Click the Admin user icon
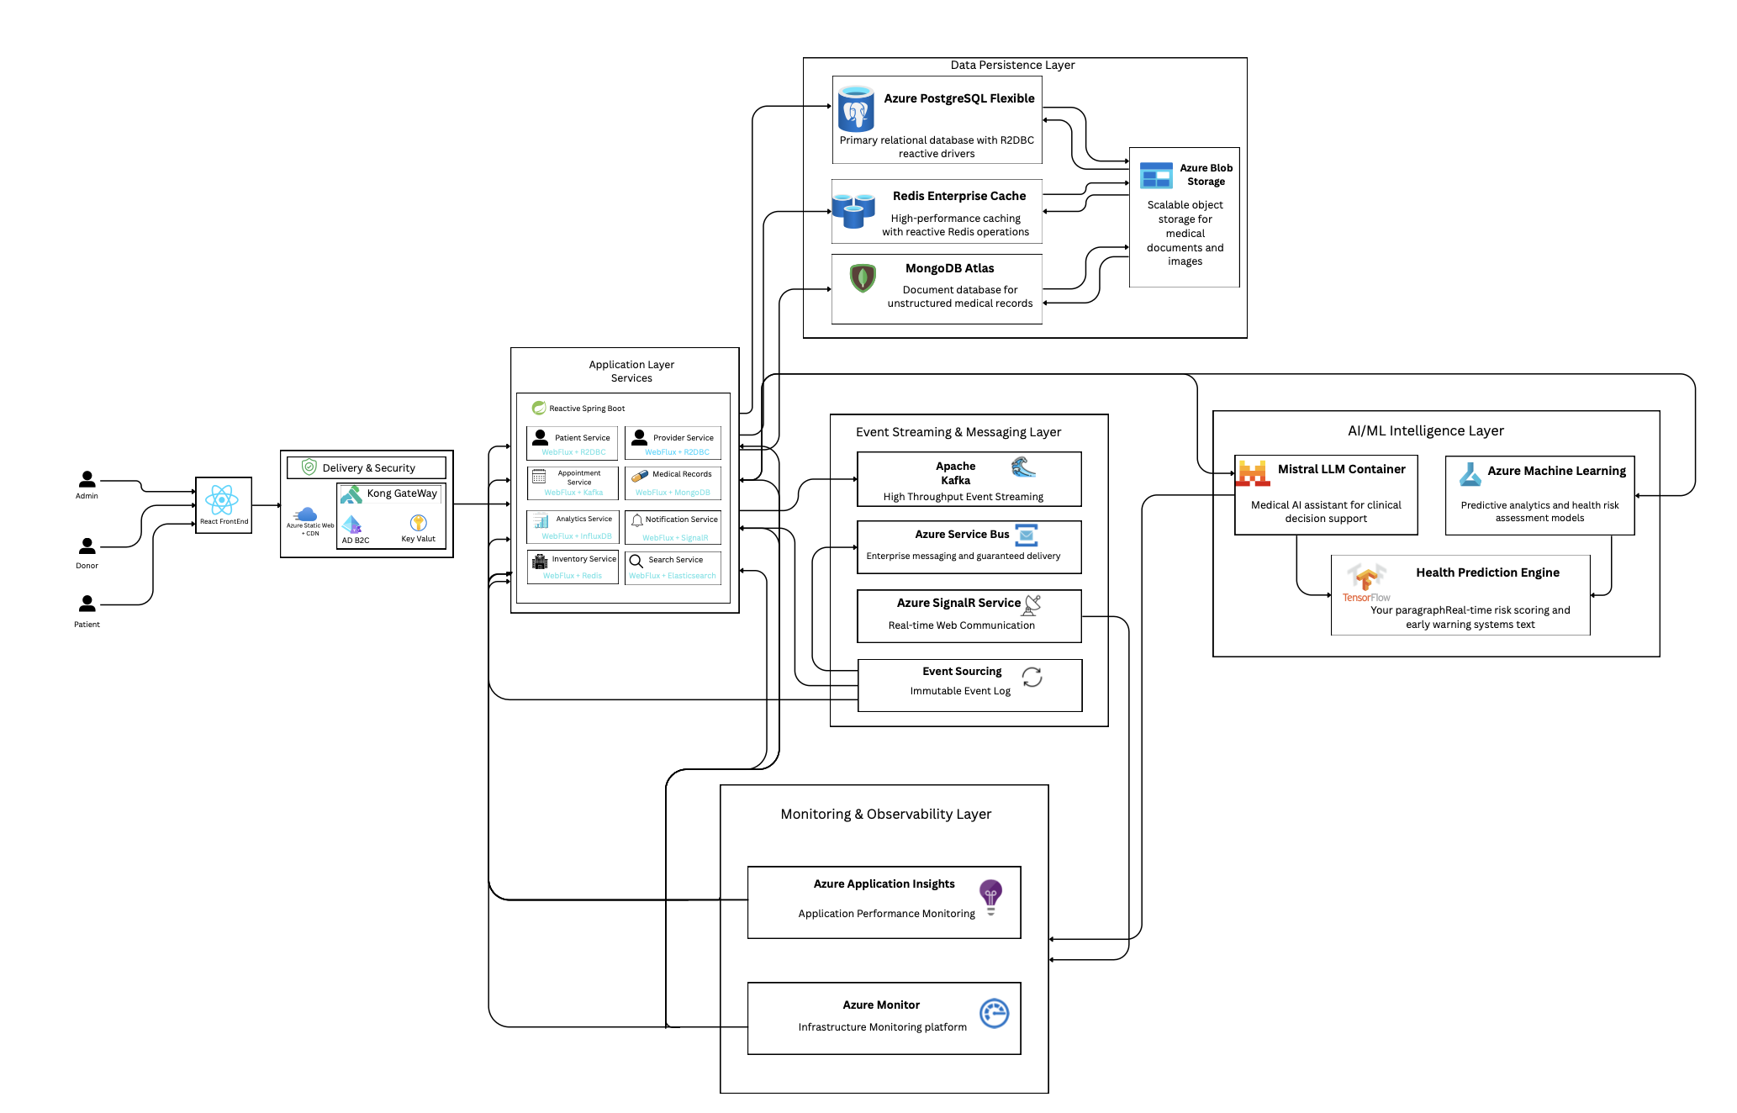click(87, 479)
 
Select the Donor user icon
click(87, 546)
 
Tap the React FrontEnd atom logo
click(222, 500)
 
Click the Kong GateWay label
click(401, 493)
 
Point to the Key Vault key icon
click(418, 523)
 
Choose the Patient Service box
click(572, 443)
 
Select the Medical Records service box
click(673, 483)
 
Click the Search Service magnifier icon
click(636, 561)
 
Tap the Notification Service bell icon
click(637, 520)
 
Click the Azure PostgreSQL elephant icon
click(856, 110)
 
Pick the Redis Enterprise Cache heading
click(958, 196)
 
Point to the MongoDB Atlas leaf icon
click(863, 277)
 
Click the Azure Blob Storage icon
click(1156, 176)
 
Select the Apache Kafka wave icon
click(1022, 467)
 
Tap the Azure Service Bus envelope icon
click(1027, 535)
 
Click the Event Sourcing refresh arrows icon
click(1032, 678)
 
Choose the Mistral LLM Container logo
click(1253, 474)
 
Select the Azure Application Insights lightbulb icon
click(990, 896)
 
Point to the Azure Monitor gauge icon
click(994, 1013)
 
